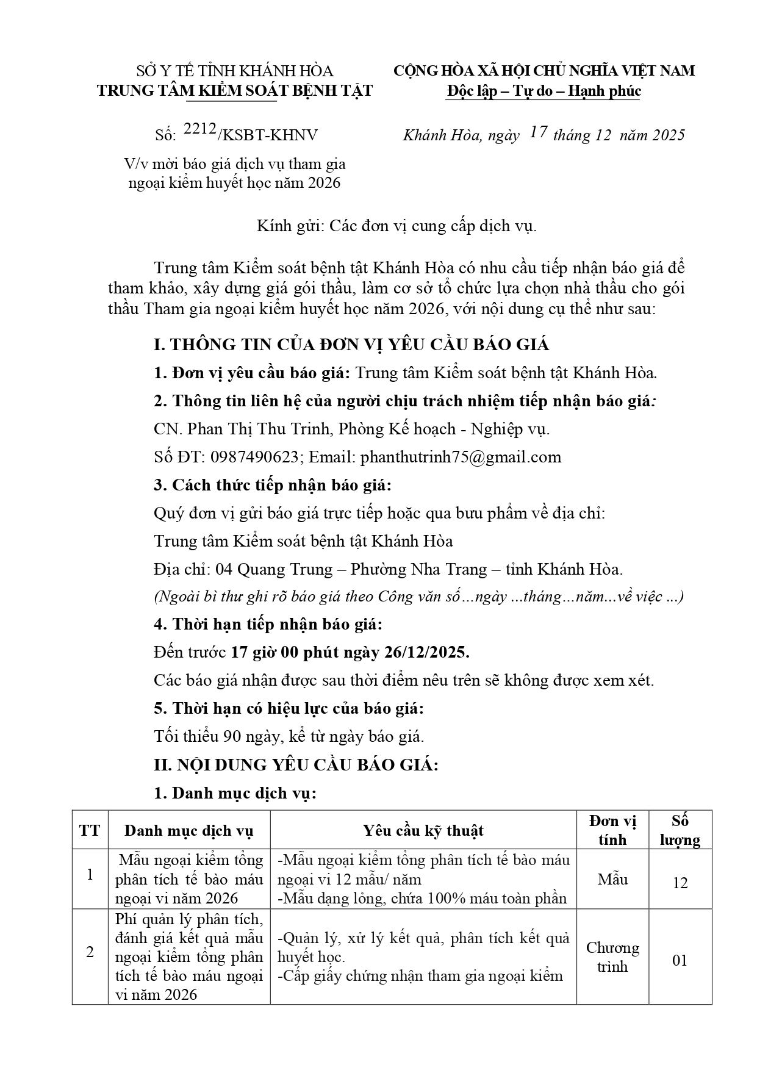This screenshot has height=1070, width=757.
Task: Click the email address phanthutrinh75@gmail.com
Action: coord(461,457)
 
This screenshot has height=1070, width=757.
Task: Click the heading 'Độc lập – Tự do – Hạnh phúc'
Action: coord(544,91)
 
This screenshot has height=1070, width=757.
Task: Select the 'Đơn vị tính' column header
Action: coord(612,830)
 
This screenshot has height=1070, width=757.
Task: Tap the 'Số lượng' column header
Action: coord(680,830)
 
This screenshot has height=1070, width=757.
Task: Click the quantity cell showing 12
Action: coord(680,883)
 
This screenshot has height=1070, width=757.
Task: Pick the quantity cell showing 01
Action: coord(680,960)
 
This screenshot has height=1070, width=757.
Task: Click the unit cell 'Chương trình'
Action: coord(612,957)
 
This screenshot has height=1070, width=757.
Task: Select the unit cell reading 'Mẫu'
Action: coord(612,879)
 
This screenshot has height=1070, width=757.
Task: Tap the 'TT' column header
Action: coord(90,830)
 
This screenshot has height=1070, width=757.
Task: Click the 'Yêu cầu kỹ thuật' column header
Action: coord(423,830)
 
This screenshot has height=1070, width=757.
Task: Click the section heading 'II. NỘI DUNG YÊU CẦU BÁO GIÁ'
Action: coord(296,764)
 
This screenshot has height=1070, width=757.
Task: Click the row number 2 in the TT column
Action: coord(90,952)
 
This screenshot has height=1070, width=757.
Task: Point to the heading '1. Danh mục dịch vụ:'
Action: coord(235,793)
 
